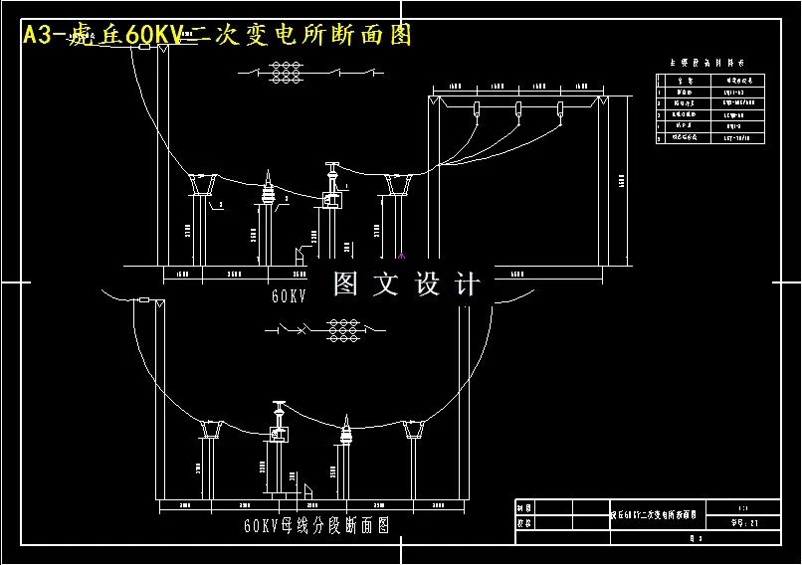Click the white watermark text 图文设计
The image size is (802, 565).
(x=406, y=284)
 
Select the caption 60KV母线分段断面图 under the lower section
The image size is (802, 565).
(x=315, y=524)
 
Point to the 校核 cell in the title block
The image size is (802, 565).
(x=524, y=521)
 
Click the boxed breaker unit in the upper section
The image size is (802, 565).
(x=331, y=199)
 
